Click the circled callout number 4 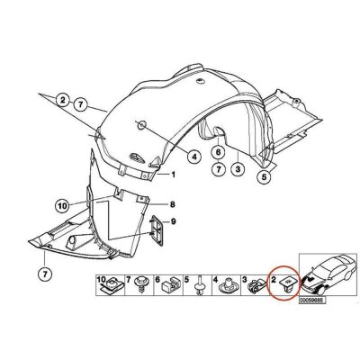(194, 156)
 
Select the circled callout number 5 (264, 177)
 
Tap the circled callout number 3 (238, 170)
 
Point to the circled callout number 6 (218, 152)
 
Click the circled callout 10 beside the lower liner (62, 206)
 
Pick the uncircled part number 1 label (173, 175)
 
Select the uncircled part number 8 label (173, 205)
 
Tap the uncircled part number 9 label (174, 221)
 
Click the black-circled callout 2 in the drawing (62, 100)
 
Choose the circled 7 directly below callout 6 (218, 170)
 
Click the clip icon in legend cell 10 (112, 285)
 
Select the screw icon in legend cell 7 (140, 285)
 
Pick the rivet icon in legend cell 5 (200, 285)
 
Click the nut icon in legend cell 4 (229, 285)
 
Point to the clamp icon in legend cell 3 (255, 287)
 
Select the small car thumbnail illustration (328, 274)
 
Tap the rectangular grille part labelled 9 (157, 230)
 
